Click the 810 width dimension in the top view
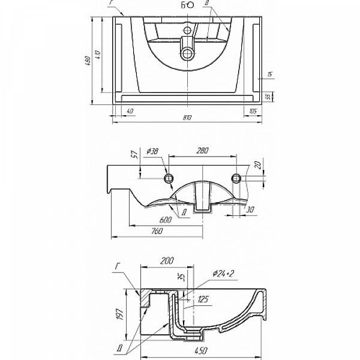187,118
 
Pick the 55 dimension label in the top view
269,96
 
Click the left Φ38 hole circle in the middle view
169,178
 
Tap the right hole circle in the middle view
237,178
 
